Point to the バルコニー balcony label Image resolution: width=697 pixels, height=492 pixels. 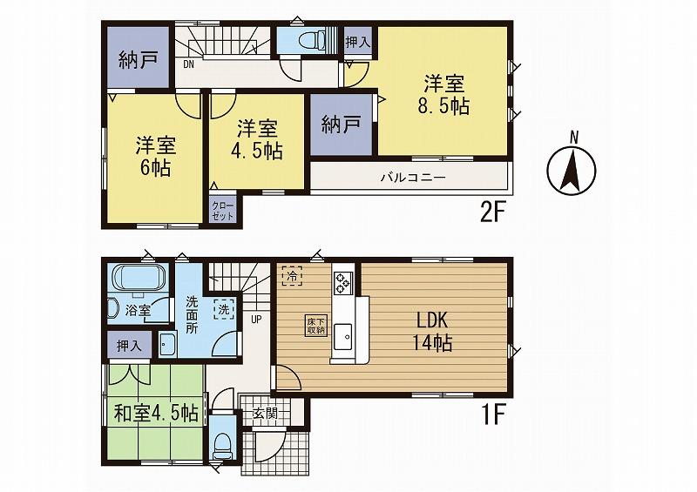[x=412, y=177]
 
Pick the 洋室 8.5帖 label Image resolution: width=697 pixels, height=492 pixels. [x=445, y=96]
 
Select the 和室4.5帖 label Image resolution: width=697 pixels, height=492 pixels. [x=156, y=412]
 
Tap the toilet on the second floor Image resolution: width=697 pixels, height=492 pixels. [x=310, y=40]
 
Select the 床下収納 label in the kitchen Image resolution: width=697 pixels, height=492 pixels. [x=315, y=325]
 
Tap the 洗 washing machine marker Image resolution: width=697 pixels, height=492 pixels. [x=222, y=309]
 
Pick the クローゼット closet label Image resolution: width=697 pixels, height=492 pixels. [x=222, y=210]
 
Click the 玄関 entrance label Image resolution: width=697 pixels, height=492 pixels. [x=265, y=413]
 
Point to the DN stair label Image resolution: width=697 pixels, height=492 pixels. [x=188, y=64]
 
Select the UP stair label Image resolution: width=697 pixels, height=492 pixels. [x=256, y=317]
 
